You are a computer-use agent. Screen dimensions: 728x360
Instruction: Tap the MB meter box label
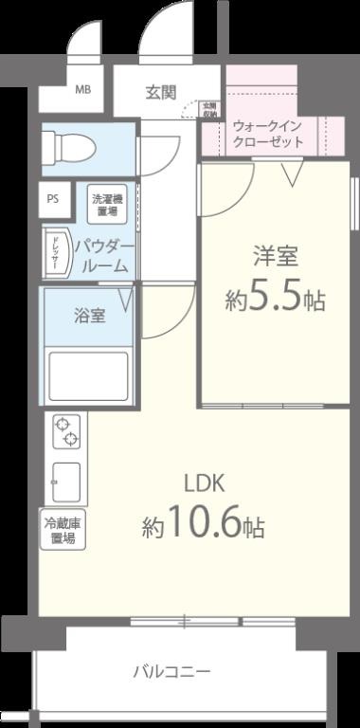point(83,91)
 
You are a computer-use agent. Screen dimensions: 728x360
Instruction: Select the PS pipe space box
point(53,199)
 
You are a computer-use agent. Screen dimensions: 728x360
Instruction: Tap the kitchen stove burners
point(67,431)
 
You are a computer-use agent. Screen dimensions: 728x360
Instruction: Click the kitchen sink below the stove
point(66,482)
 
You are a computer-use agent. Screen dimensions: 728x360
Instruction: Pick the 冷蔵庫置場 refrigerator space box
point(63,530)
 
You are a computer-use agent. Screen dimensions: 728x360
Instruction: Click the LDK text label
point(203,482)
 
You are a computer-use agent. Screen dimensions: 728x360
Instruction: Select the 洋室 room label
point(276,256)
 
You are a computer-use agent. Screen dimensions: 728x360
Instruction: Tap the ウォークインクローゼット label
point(268,133)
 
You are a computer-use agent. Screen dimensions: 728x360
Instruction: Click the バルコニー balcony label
point(171,672)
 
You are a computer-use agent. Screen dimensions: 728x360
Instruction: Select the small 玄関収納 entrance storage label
point(210,110)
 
